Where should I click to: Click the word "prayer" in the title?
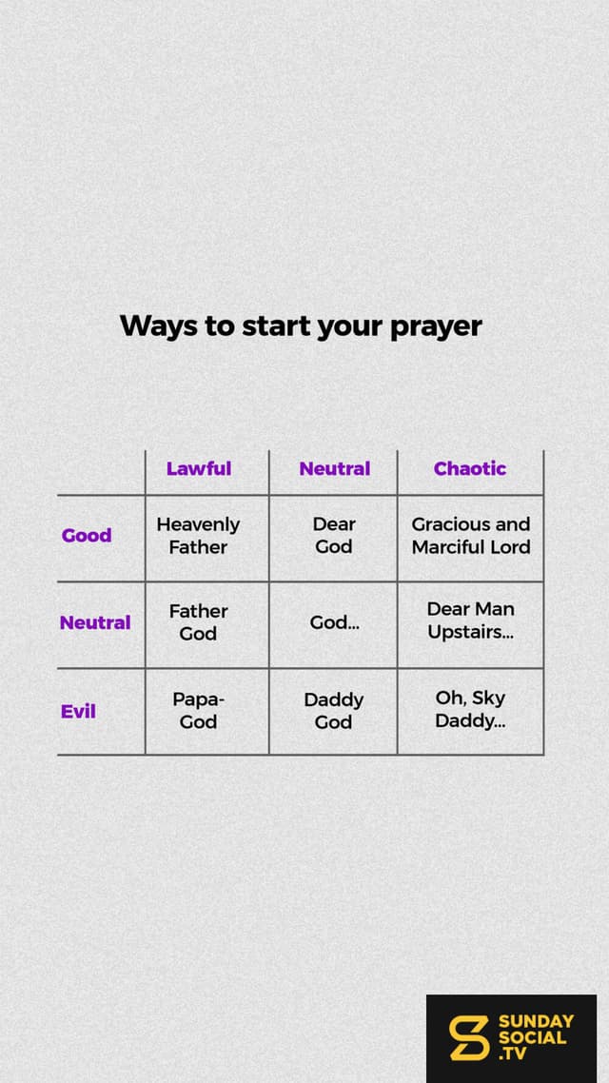pos(437,326)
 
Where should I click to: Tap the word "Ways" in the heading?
pos(158,326)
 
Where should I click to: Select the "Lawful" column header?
pos(199,468)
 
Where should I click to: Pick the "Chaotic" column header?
pos(469,468)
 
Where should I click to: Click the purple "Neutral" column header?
pos(335,468)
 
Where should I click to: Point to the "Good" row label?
pos(87,535)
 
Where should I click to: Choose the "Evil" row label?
pos(78,712)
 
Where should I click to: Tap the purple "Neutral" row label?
pos(95,623)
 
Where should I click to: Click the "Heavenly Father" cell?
pos(198,535)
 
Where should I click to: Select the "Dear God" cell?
pos(334,535)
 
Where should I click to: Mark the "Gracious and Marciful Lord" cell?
pos(471,535)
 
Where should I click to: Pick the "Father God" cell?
pos(198,622)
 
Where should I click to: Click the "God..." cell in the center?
pos(334,623)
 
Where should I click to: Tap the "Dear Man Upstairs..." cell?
pos(471,620)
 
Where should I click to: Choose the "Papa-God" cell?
pos(198,711)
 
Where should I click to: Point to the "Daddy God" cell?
pos(333,711)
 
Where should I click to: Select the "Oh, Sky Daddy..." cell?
pos(470,709)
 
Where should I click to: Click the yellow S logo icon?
pos(469,1037)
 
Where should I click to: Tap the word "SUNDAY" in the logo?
pos(536,1021)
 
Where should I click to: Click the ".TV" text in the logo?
pos(512,1053)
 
